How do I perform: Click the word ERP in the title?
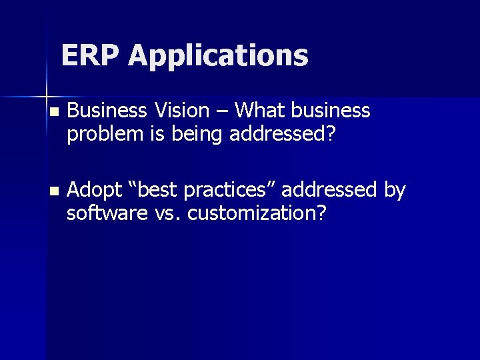tap(91, 55)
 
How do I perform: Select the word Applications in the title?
tap(219, 57)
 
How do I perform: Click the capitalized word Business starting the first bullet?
tap(107, 110)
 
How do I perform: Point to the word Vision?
tap(183, 110)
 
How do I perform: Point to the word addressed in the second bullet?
tap(329, 190)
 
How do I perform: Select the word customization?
tap(258, 215)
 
